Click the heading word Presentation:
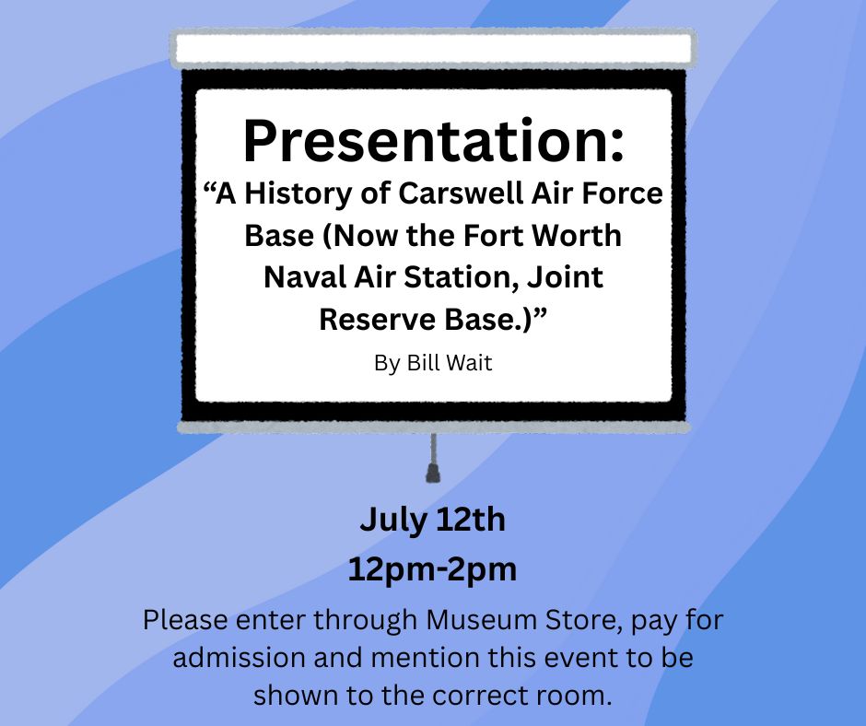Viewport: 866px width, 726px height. [434, 142]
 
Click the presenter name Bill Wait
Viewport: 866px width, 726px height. [449, 363]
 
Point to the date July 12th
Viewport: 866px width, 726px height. [432, 521]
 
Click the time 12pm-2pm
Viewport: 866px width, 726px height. [432, 570]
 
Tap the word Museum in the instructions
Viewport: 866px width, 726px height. [482, 620]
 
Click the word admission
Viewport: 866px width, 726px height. [240, 658]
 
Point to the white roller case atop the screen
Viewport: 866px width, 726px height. [434, 49]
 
